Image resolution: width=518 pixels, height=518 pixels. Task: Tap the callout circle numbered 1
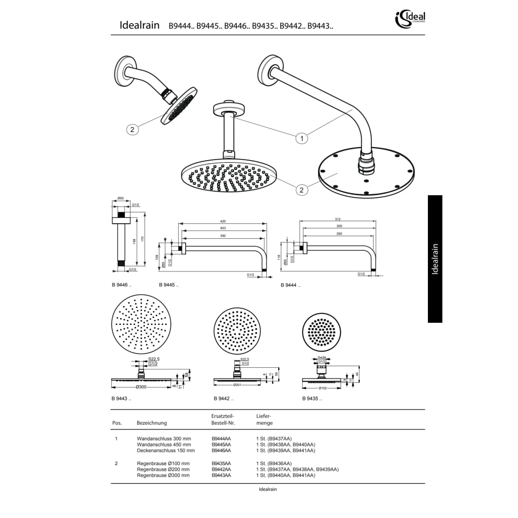(x=301, y=138)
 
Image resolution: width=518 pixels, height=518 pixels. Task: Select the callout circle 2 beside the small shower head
(x=132, y=129)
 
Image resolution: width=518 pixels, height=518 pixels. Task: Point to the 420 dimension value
(x=223, y=221)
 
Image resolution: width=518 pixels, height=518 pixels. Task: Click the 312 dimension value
(x=338, y=219)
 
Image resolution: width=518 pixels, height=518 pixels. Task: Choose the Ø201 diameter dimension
(x=238, y=385)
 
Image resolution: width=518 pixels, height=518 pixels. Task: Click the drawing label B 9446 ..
(x=122, y=285)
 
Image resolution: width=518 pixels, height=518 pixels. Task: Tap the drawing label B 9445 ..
(x=169, y=285)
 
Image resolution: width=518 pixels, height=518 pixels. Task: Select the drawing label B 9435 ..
(x=312, y=399)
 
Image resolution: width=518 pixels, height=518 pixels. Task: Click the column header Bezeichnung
(x=152, y=423)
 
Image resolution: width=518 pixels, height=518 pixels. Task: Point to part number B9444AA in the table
(x=221, y=438)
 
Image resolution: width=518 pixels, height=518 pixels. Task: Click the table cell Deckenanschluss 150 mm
(x=166, y=451)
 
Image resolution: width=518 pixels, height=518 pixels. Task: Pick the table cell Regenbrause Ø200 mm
(x=163, y=469)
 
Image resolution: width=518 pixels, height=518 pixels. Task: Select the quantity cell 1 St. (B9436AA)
(x=274, y=463)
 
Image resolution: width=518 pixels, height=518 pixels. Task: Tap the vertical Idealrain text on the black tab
(x=435, y=258)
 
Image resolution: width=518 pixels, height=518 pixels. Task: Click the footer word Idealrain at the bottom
(x=268, y=489)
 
